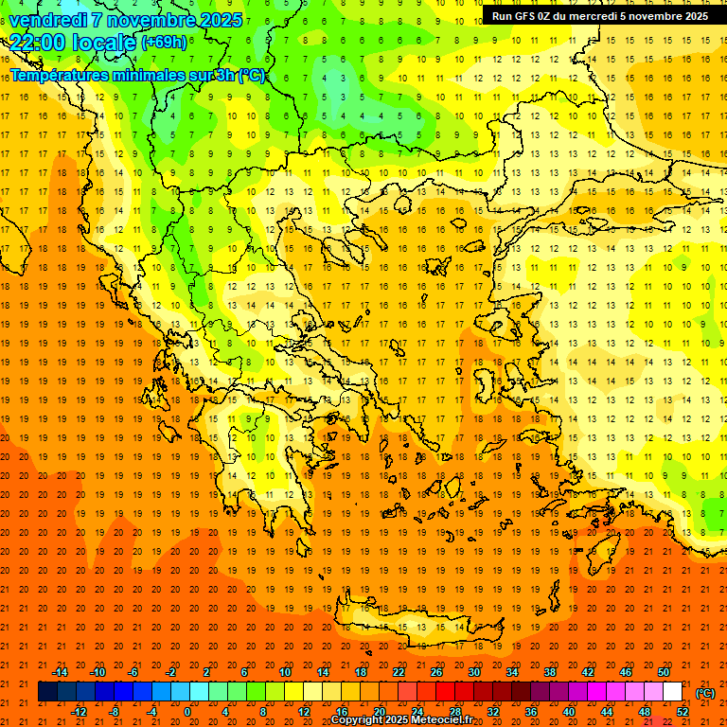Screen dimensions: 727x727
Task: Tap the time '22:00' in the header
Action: (37, 42)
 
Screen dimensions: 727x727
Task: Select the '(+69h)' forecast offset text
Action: (163, 43)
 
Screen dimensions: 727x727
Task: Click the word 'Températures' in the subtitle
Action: (59, 75)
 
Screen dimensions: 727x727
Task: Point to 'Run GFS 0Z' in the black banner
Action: (523, 16)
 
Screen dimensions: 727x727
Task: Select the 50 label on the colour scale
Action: (664, 672)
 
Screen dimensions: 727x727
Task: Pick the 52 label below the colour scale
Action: (683, 712)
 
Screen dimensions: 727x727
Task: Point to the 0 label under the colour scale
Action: (187, 712)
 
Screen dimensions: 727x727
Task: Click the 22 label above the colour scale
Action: (399, 672)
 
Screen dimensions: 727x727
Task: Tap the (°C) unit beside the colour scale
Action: (705, 693)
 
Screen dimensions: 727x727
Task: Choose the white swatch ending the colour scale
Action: (673, 692)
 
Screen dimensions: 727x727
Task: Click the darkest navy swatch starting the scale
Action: (47, 692)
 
